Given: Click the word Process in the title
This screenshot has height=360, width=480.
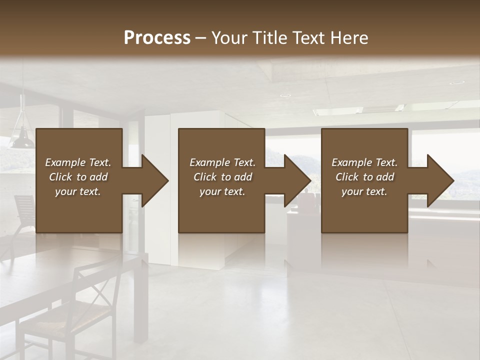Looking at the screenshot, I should [x=157, y=37].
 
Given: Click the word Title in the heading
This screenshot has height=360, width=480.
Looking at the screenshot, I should [x=268, y=37].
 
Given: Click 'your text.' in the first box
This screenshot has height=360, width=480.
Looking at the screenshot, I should [x=78, y=191].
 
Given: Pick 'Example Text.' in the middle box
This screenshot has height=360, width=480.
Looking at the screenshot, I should [x=222, y=162].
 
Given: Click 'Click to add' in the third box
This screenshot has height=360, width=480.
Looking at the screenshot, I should [x=364, y=177].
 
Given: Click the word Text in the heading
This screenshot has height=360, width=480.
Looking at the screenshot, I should [x=305, y=37].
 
